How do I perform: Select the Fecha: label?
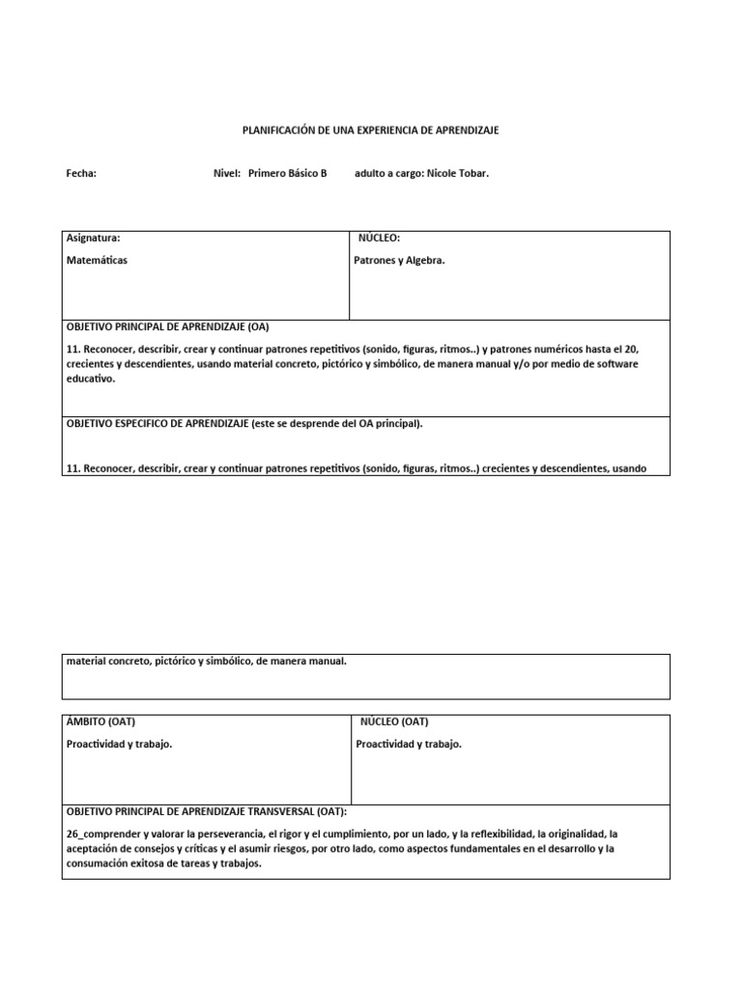click(x=81, y=174)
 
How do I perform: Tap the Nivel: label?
click(x=226, y=174)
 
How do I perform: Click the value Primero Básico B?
click(x=288, y=174)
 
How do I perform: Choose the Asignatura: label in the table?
click(x=93, y=238)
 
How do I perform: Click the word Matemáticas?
click(x=97, y=260)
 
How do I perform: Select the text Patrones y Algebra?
click(x=400, y=260)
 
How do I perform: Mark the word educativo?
click(x=90, y=380)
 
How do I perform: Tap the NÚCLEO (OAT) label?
click(x=394, y=721)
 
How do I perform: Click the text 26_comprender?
click(x=102, y=833)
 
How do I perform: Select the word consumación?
click(x=97, y=864)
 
